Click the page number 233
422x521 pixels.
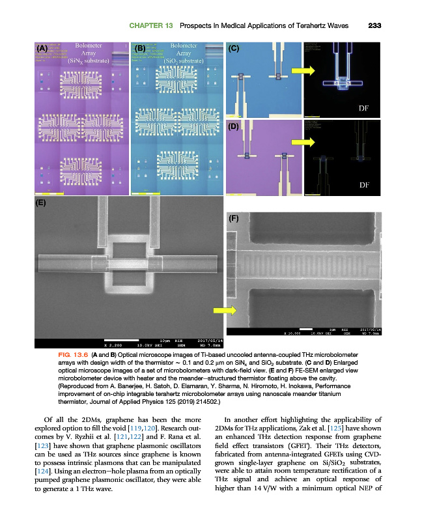[x=374, y=25]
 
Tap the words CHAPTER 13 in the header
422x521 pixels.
[x=150, y=25]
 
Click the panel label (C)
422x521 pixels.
[x=234, y=48]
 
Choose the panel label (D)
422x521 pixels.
[x=234, y=127]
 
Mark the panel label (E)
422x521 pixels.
[x=41, y=203]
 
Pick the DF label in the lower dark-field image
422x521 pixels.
[x=365, y=185]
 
